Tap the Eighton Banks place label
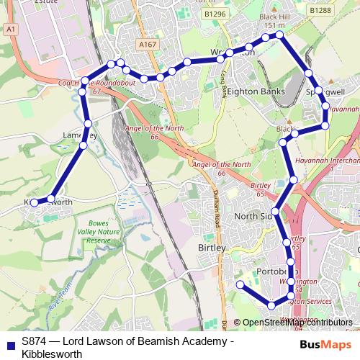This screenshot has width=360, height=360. [256, 92]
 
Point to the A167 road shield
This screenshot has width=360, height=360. [148, 45]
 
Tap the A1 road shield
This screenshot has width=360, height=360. [9, 29]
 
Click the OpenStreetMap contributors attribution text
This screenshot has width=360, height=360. [292, 323]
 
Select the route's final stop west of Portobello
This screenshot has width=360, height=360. [240, 285]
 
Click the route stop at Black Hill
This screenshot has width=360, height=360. [279, 34]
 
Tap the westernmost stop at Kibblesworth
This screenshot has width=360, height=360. [35, 203]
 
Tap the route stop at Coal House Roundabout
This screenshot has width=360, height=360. [86, 81]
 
